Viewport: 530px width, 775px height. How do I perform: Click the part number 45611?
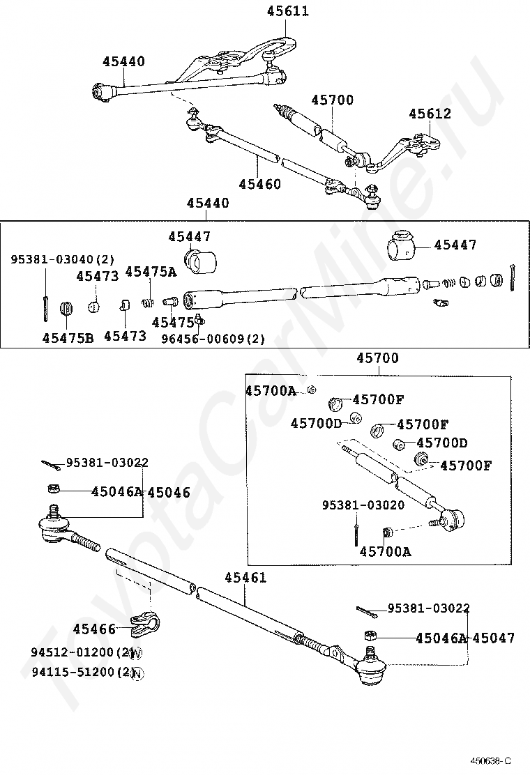point(288,11)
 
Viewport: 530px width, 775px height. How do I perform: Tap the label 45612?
point(430,114)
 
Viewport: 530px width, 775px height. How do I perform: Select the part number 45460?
point(259,184)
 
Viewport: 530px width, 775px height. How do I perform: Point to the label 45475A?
point(151,271)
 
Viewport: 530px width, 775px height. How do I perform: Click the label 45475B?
point(68,338)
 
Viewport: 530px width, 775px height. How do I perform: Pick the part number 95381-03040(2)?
point(63,259)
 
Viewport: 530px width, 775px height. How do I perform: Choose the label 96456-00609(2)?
point(213,339)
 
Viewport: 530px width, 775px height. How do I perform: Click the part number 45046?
point(169,492)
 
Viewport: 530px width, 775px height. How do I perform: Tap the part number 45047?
point(494,638)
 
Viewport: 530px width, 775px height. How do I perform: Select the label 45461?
point(245,577)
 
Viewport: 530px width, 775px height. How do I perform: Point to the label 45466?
point(94,629)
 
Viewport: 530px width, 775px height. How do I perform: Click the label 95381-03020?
point(363,505)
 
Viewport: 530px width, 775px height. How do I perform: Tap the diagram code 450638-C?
point(490,760)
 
